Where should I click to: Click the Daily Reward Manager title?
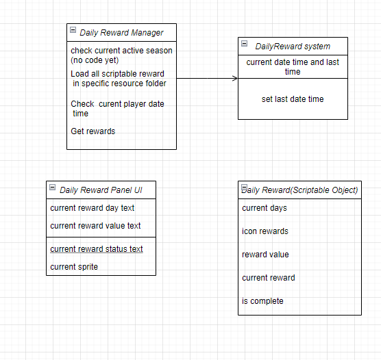[121, 32]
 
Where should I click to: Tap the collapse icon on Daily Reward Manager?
[73, 31]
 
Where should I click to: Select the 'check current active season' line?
[121, 51]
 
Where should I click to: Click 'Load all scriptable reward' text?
[117, 74]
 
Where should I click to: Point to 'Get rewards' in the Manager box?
[93, 131]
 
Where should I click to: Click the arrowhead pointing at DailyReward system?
[235, 78]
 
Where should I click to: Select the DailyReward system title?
[293, 46]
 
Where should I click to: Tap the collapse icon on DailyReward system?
[245, 44]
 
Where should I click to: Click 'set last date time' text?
[293, 99]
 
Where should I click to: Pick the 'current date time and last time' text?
[293, 67]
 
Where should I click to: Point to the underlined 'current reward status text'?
[97, 249]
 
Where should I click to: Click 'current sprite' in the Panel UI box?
[74, 267]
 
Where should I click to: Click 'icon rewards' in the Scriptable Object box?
[265, 231]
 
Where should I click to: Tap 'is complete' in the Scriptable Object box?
[262, 301]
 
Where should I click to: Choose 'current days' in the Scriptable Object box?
[265, 208]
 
